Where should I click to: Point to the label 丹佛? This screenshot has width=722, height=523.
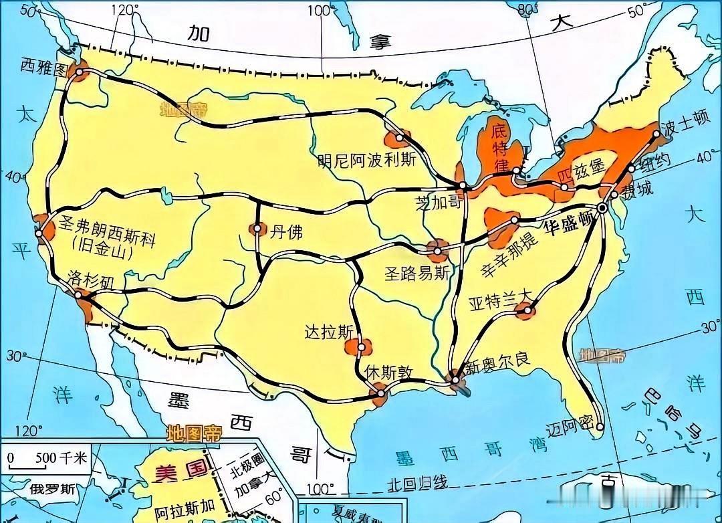point(286,231)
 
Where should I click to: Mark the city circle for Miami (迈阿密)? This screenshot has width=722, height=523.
point(601,426)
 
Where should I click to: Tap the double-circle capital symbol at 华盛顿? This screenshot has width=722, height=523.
point(602,209)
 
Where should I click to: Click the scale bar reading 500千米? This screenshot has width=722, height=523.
point(47,459)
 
